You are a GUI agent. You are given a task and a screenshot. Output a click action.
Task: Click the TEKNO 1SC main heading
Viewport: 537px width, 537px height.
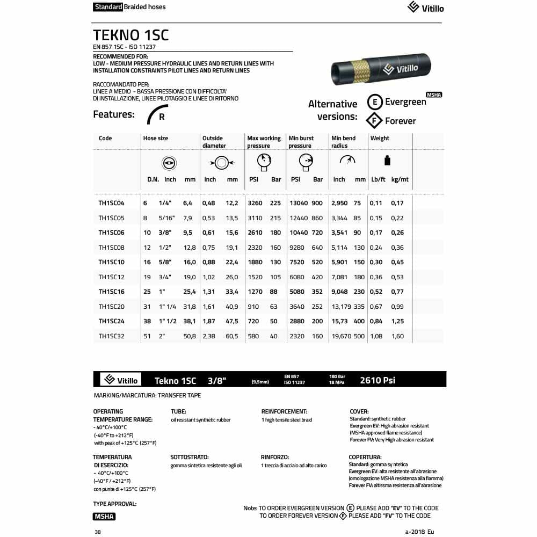click(x=131, y=35)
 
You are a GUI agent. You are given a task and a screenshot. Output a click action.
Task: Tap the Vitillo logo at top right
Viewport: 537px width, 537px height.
click(x=426, y=8)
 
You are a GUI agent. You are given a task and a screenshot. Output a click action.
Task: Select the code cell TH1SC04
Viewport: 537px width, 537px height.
click(x=111, y=203)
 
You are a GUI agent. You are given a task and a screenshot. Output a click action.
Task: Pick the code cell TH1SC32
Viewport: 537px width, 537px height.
click(x=111, y=336)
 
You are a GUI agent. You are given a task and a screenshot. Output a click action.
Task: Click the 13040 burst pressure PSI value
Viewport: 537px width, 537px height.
click(x=299, y=203)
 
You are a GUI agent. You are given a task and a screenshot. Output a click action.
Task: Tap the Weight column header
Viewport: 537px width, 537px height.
click(x=380, y=138)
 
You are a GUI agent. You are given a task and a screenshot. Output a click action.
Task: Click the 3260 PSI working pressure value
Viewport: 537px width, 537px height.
click(x=255, y=203)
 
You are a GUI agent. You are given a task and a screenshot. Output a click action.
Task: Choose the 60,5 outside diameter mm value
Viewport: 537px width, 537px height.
click(x=232, y=336)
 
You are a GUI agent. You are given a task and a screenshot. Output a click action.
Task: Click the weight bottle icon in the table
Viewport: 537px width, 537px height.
click(x=388, y=161)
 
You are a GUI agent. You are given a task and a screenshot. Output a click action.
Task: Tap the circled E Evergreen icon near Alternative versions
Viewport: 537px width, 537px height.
click(x=375, y=102)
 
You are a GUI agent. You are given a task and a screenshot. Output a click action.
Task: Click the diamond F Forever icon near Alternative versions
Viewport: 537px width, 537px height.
click(x=374, y=121)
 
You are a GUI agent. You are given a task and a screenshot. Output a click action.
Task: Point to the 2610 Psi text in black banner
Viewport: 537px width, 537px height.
click(x=378, y=380)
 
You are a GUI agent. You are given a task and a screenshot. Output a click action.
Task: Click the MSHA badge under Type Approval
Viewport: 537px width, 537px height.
click(x=104, y=517)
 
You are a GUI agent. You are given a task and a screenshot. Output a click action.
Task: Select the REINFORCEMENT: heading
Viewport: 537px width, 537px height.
click(x=284, y=411)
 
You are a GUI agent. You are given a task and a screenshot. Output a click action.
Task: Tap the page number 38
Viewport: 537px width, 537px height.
click(x=97, y=532)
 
